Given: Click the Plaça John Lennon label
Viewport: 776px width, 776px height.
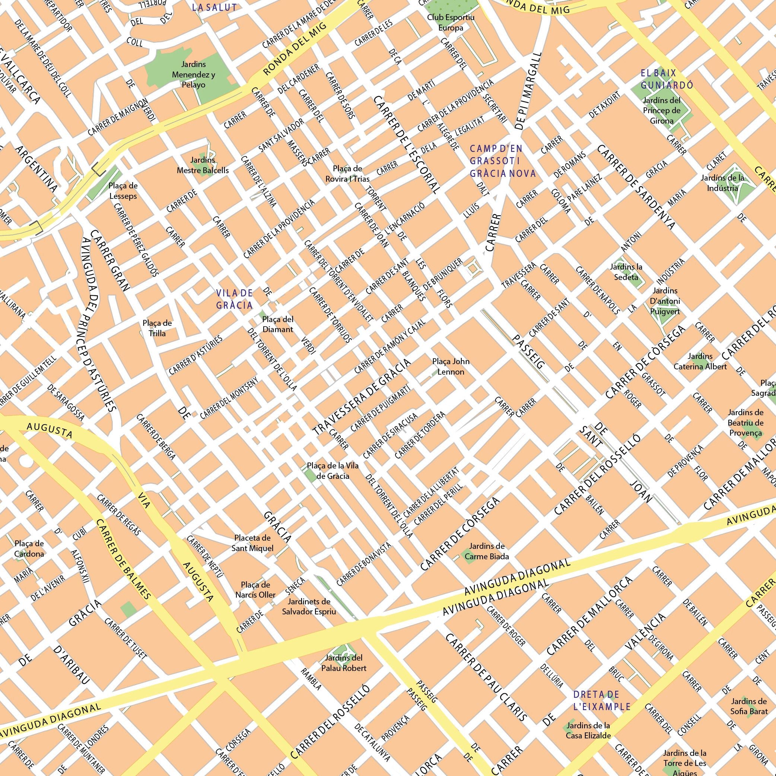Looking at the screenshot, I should [451, 366].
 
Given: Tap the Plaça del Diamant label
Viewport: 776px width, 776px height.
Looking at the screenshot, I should [277, 324].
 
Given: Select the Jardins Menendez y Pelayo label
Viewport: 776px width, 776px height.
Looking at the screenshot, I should [193, 74].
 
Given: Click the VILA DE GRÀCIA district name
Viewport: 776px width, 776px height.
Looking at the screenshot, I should [234, 299].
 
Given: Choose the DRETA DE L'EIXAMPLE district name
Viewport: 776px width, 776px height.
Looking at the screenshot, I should [601, 700].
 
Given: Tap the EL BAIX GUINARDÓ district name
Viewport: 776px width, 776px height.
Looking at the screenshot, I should [667, 79].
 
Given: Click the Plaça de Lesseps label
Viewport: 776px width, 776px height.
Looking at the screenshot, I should [123, 191].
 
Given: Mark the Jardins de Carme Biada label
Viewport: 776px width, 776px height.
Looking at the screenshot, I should [486, 551].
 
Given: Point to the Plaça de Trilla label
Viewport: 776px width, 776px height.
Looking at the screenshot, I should [157, 328].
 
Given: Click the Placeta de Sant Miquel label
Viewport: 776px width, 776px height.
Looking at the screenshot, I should [252, 543].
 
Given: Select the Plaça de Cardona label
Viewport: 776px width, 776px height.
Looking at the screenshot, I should [29, 548].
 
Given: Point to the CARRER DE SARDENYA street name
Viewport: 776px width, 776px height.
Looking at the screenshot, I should [636, 187].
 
